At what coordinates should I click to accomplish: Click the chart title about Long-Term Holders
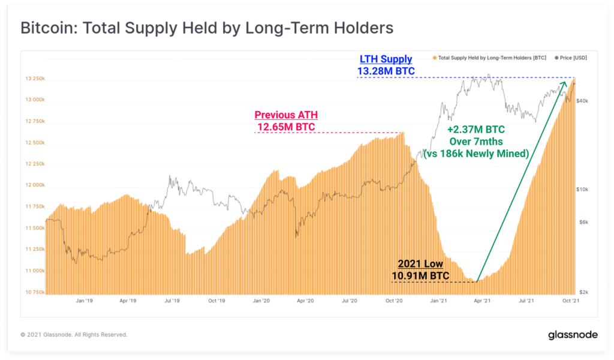pyautogui.click(x=207, y=28)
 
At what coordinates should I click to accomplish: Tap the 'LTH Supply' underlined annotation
pyautogui.click(x=386, y=59)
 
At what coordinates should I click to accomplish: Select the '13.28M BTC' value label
pyautogui.click(x=386, y=71)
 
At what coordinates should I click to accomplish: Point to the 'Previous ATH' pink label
pyautogui.click(x=285, y=115)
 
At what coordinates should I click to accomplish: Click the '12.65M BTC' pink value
pyautogui.click(x=285, y=127)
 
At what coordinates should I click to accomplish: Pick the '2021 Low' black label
pyautogui.click(x=420, y=264)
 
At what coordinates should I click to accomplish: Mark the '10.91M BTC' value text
pyautogui.click(x=420, y=275)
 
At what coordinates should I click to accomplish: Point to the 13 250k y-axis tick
pyautogui.click(x=34, y=79)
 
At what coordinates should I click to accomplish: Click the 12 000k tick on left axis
pyautogui.click(x=34, y=185)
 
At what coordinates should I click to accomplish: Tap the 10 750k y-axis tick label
pyautogui.click(x=34, y=292)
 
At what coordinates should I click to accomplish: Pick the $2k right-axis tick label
pyautogui.click(x=583, y=292)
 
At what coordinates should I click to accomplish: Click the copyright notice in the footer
pyautogui.click(x=74, y=335)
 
